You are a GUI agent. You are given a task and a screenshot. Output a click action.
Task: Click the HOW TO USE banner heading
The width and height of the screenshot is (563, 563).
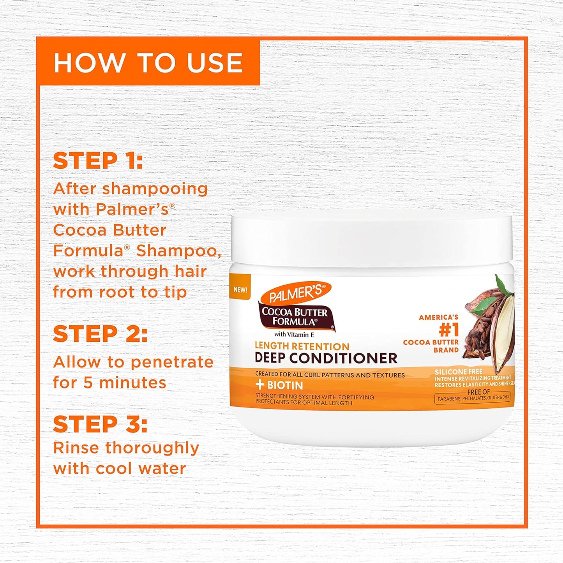tap(148, 63)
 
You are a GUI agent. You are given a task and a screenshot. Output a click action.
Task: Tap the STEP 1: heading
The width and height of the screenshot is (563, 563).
tap(98, 161)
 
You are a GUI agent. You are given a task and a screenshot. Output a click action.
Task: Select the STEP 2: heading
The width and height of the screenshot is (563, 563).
tap(100, 334)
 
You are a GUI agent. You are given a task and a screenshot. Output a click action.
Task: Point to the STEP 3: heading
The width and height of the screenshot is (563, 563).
tap(100, 424)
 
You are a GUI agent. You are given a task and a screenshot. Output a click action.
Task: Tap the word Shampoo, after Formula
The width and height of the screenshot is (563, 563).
tap(179, 251)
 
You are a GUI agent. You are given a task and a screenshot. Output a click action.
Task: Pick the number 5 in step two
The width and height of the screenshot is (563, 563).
tap(88, 383)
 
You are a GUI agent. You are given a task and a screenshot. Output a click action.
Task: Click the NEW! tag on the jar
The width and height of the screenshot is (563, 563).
tap(240, 289)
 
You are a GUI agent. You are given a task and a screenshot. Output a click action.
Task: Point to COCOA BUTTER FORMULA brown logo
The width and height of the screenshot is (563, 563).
tap(295, 317)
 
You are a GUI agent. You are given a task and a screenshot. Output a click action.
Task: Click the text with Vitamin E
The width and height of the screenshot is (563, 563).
tap(294, 334)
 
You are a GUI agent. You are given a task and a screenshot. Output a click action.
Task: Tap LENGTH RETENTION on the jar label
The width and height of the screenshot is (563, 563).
tap(302, 346)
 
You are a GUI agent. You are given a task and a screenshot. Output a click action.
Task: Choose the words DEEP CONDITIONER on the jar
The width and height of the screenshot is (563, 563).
tap(326, 358)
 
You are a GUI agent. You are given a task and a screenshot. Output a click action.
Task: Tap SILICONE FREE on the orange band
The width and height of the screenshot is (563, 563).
tap(458, 372)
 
